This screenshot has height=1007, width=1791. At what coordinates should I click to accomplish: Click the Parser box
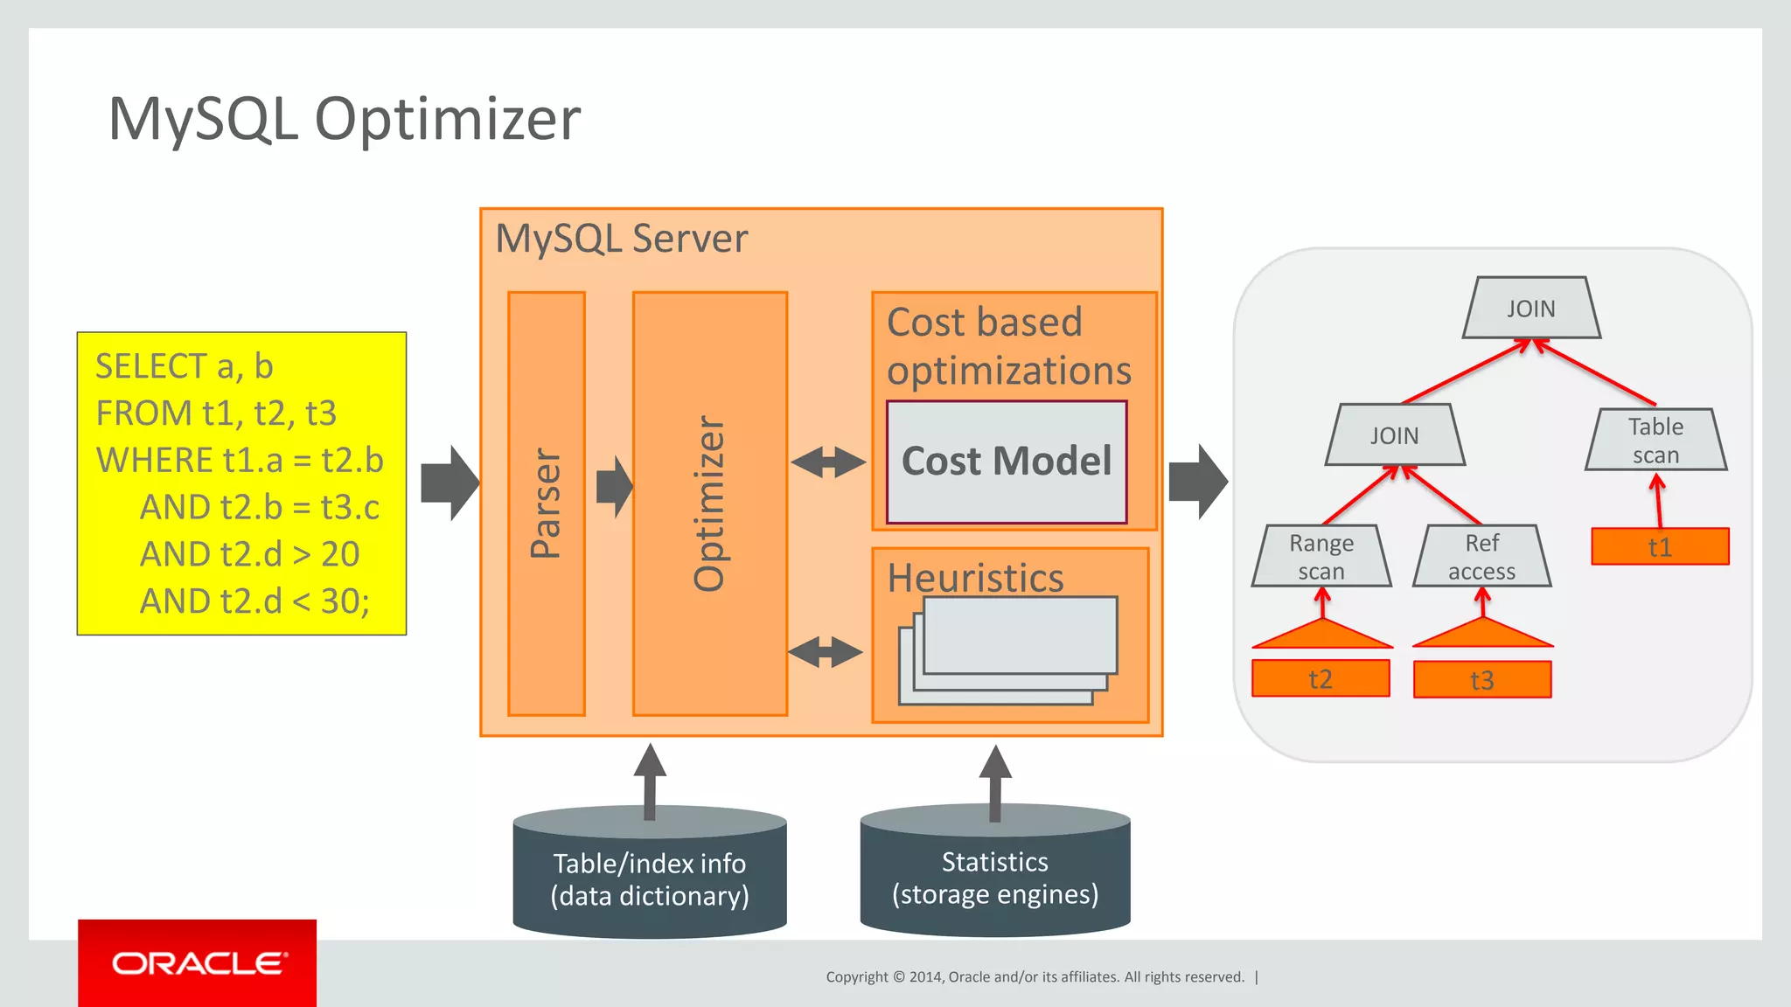547,503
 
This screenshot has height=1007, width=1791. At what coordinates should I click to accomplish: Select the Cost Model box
1007,462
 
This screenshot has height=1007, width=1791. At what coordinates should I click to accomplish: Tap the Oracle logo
198,963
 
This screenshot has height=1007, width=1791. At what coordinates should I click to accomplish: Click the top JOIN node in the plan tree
1531,309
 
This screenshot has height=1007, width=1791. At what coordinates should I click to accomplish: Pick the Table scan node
1655,441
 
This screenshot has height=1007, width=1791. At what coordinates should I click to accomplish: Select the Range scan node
1321,557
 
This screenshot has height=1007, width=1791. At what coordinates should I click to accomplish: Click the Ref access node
1482,557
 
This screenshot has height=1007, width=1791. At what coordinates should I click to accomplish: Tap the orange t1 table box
1660,547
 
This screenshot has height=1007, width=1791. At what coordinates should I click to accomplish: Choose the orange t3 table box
1482,680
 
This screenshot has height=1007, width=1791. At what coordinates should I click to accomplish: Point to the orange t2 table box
1321,679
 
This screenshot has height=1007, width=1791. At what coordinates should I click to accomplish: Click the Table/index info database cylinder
650,878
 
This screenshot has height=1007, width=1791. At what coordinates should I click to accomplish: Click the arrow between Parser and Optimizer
614,486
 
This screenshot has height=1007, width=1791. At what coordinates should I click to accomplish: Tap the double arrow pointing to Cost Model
828,462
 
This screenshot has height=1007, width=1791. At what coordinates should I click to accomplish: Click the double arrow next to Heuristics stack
825,652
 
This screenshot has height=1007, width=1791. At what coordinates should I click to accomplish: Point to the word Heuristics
975,578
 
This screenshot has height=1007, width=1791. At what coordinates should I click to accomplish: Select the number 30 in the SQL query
341,601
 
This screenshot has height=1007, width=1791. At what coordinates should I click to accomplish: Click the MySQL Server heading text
622,239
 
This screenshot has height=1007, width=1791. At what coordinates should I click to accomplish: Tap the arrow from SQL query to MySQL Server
449,483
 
